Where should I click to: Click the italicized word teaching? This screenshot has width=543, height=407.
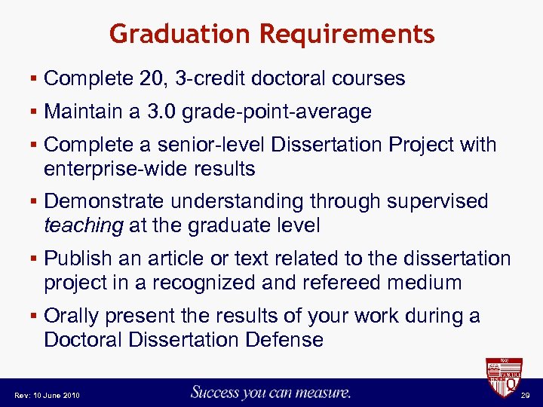point(83,225)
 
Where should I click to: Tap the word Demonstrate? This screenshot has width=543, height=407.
point(104,202)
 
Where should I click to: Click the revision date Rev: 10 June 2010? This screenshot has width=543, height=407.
point(46,395)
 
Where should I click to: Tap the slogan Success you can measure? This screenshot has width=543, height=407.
point(271,392)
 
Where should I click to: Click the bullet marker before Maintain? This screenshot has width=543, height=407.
point(35,113)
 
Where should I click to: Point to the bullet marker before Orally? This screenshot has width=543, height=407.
point(35,317)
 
